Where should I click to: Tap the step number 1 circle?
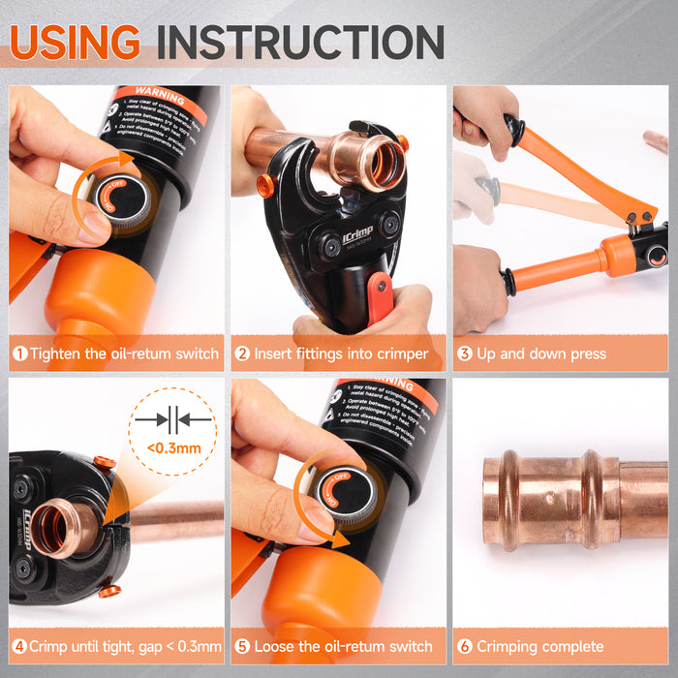click(19, 354)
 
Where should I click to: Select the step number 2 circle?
click(242, 354)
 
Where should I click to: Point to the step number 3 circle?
click(465, 354)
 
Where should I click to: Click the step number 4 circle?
click(19, 646)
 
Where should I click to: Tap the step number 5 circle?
click(242, 646)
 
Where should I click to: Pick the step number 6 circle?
click(465, 646)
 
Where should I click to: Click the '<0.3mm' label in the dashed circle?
click(174, 447)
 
